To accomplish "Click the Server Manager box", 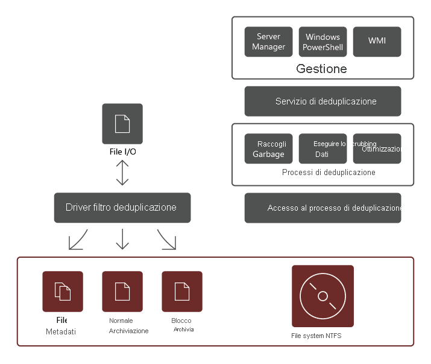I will click(268, 42).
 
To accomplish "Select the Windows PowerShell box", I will click(322, 42).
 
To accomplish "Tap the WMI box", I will click(377, 42).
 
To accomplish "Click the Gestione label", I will click(321, 69).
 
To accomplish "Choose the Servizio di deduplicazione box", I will click(322, 101).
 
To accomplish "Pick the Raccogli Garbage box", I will click(268, 149).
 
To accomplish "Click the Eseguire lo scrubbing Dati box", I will click(322, 149).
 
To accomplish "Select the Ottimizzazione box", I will click(377, 149).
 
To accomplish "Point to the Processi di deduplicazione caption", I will click(329, 173).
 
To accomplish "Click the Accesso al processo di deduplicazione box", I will click(322, 208).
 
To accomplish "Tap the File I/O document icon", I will click(122, 124).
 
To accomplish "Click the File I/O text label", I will click(122, 152).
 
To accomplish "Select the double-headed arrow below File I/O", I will click(122, 173).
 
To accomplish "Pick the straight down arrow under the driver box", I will click(122, 239).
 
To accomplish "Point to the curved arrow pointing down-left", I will click(78, 240).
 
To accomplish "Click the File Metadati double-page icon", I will click(63, 291).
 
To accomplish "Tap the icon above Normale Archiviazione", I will click(122, 291).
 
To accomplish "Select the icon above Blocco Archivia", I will click(182, 291).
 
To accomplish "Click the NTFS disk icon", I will click(322, 296).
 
